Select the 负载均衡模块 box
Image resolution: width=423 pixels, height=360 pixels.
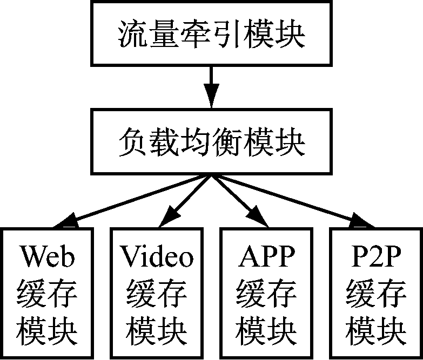211,142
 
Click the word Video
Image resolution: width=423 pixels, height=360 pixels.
157,257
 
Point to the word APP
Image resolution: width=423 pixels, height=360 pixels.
266,257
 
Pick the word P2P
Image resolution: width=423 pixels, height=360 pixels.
376,257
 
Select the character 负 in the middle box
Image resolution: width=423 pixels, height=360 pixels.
132,142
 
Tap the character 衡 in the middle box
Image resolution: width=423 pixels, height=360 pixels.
226,142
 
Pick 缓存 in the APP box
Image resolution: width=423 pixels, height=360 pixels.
266,294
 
